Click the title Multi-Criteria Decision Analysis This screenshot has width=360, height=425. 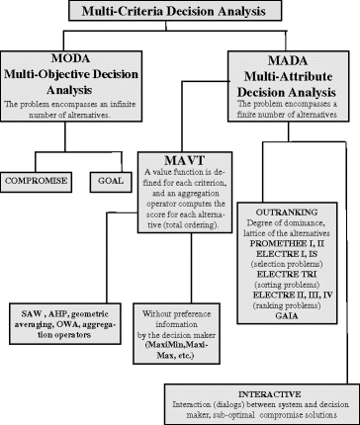coord(180,11)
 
